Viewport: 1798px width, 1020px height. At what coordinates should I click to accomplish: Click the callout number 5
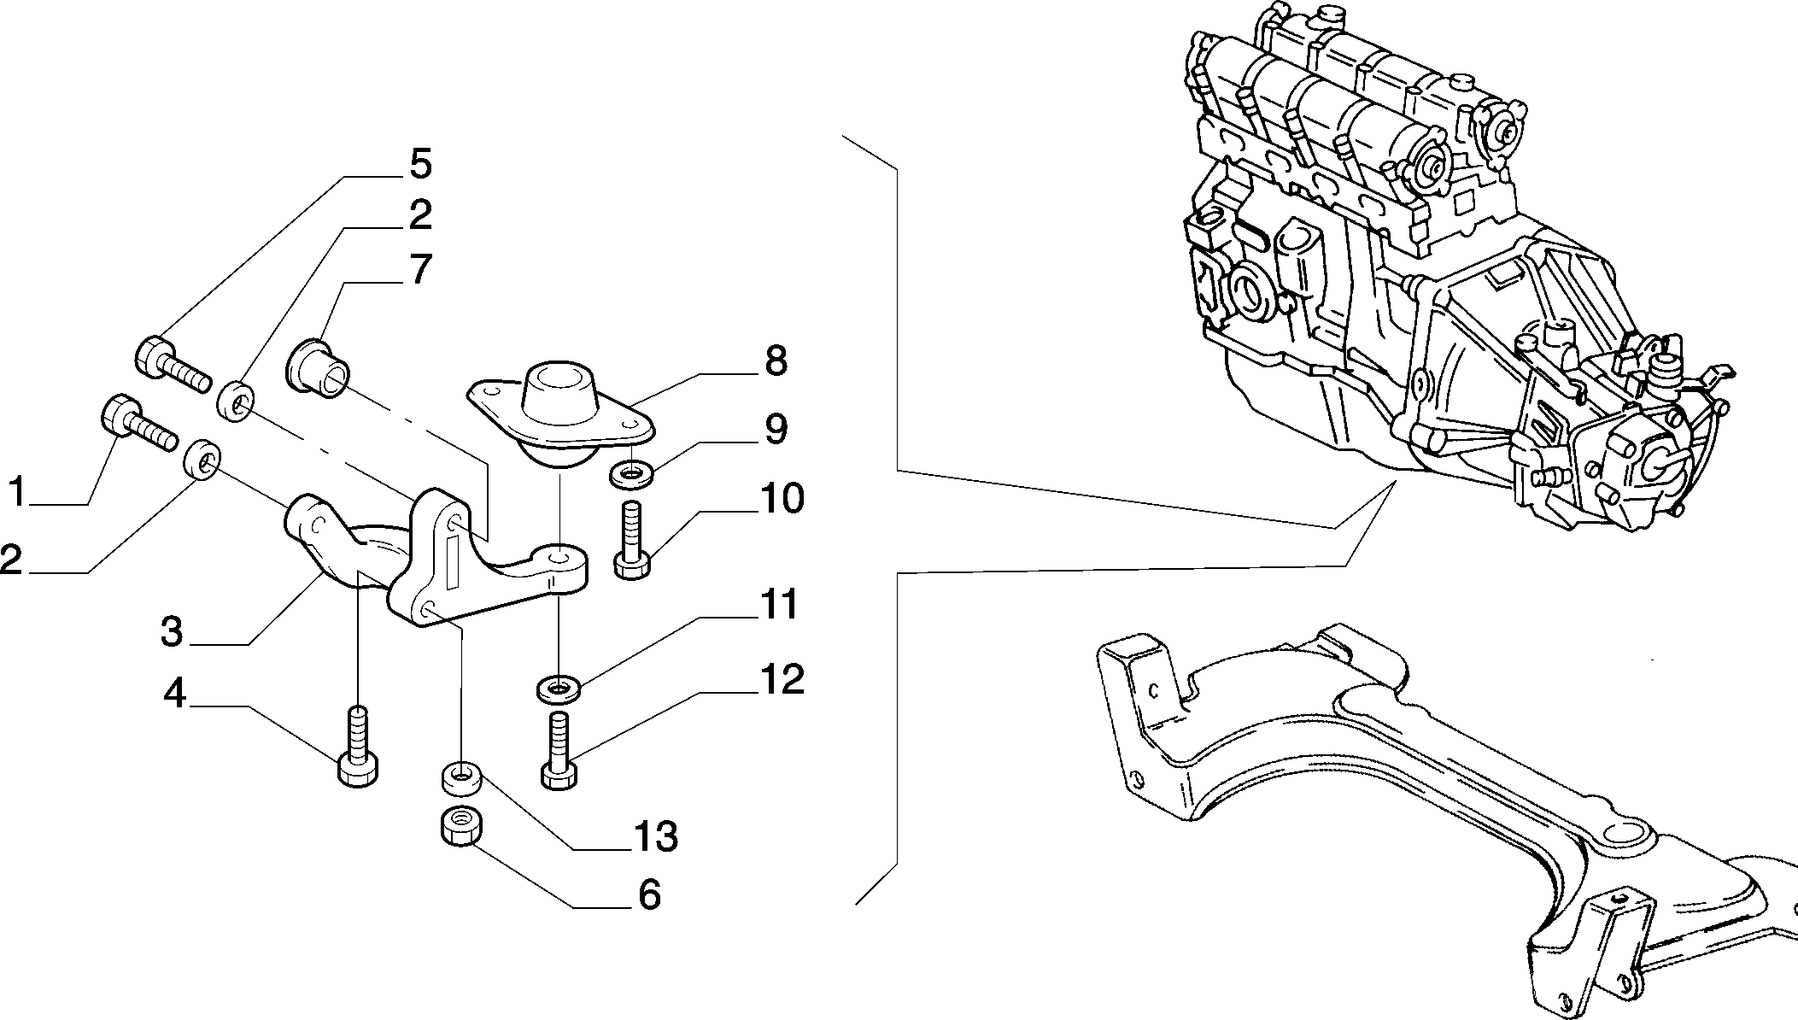[420, 164]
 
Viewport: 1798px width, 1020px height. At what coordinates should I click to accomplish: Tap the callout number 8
[776, 361]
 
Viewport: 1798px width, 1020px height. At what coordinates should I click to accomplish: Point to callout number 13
[655, 837]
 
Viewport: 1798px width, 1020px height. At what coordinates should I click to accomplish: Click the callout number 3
[172, 633]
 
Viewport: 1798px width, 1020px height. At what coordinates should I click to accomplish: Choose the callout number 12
[781, 679]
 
